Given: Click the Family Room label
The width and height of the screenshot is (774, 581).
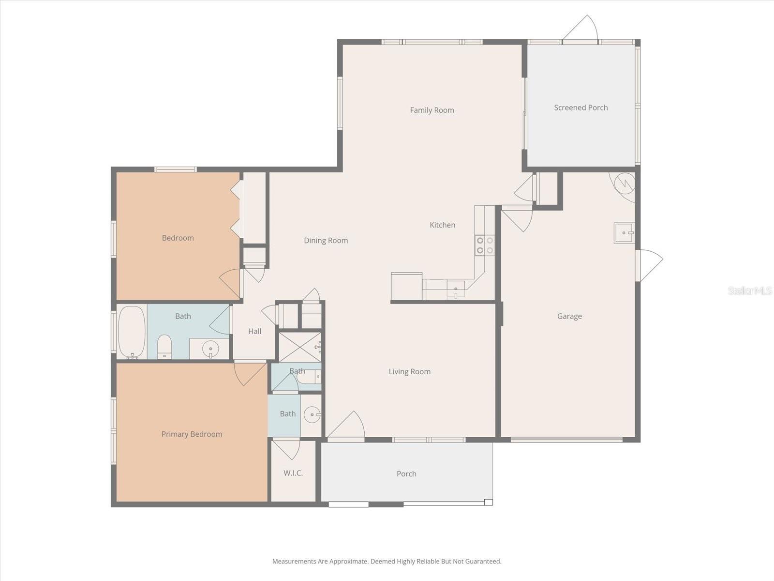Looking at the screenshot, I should point(432,110).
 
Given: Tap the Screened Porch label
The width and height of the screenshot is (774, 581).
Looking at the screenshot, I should point(580,107).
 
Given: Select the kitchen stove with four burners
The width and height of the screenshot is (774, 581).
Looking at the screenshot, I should point(485,245).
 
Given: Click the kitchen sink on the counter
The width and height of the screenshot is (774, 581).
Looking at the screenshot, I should point(456,290).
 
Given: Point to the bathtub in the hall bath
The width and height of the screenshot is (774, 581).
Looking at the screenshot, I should point(132,332).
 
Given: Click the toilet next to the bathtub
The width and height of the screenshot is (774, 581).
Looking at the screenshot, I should point(164,347).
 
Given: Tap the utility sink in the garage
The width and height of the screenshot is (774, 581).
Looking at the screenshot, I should point(624,233).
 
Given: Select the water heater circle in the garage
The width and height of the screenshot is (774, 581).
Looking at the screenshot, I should point(625,183).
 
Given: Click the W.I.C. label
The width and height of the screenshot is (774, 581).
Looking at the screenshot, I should point(293,473).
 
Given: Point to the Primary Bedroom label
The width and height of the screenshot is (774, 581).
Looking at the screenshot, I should point(192,434).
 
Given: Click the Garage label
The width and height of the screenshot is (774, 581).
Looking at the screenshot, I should point(569,316).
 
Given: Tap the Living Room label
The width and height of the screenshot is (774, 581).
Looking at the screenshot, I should point(409,372).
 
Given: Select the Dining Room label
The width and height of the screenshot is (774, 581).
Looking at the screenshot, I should point(326,241).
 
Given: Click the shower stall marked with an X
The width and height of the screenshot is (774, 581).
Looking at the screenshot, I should point(300,347).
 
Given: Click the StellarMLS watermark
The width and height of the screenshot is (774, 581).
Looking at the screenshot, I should point(750,291).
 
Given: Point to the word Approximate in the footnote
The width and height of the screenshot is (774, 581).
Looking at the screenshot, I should point(348,562).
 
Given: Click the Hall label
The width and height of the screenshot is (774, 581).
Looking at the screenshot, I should point(254,331).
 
